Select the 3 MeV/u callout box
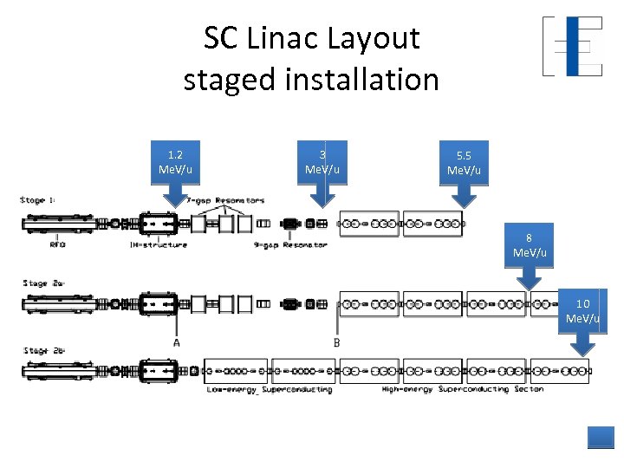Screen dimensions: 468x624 click(322, 161)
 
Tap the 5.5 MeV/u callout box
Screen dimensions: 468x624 click(464, 162)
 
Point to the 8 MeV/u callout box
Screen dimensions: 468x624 click(530, 244)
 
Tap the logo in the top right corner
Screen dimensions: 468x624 click(572, 46)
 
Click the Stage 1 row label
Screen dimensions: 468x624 click(38, 200)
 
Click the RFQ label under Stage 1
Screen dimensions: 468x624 click(58, 245)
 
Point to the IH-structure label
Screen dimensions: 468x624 click(158, 245)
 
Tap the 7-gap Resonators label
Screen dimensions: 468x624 click(225, 200)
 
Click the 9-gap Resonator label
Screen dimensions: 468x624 click(290, 245)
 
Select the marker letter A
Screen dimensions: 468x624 click(177, 342)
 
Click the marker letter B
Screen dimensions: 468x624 click(336, 342)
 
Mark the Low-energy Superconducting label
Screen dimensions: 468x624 click(270, 389)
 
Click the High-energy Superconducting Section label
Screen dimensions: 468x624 click(463, 389)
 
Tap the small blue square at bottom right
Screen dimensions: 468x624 click(600, 437)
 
